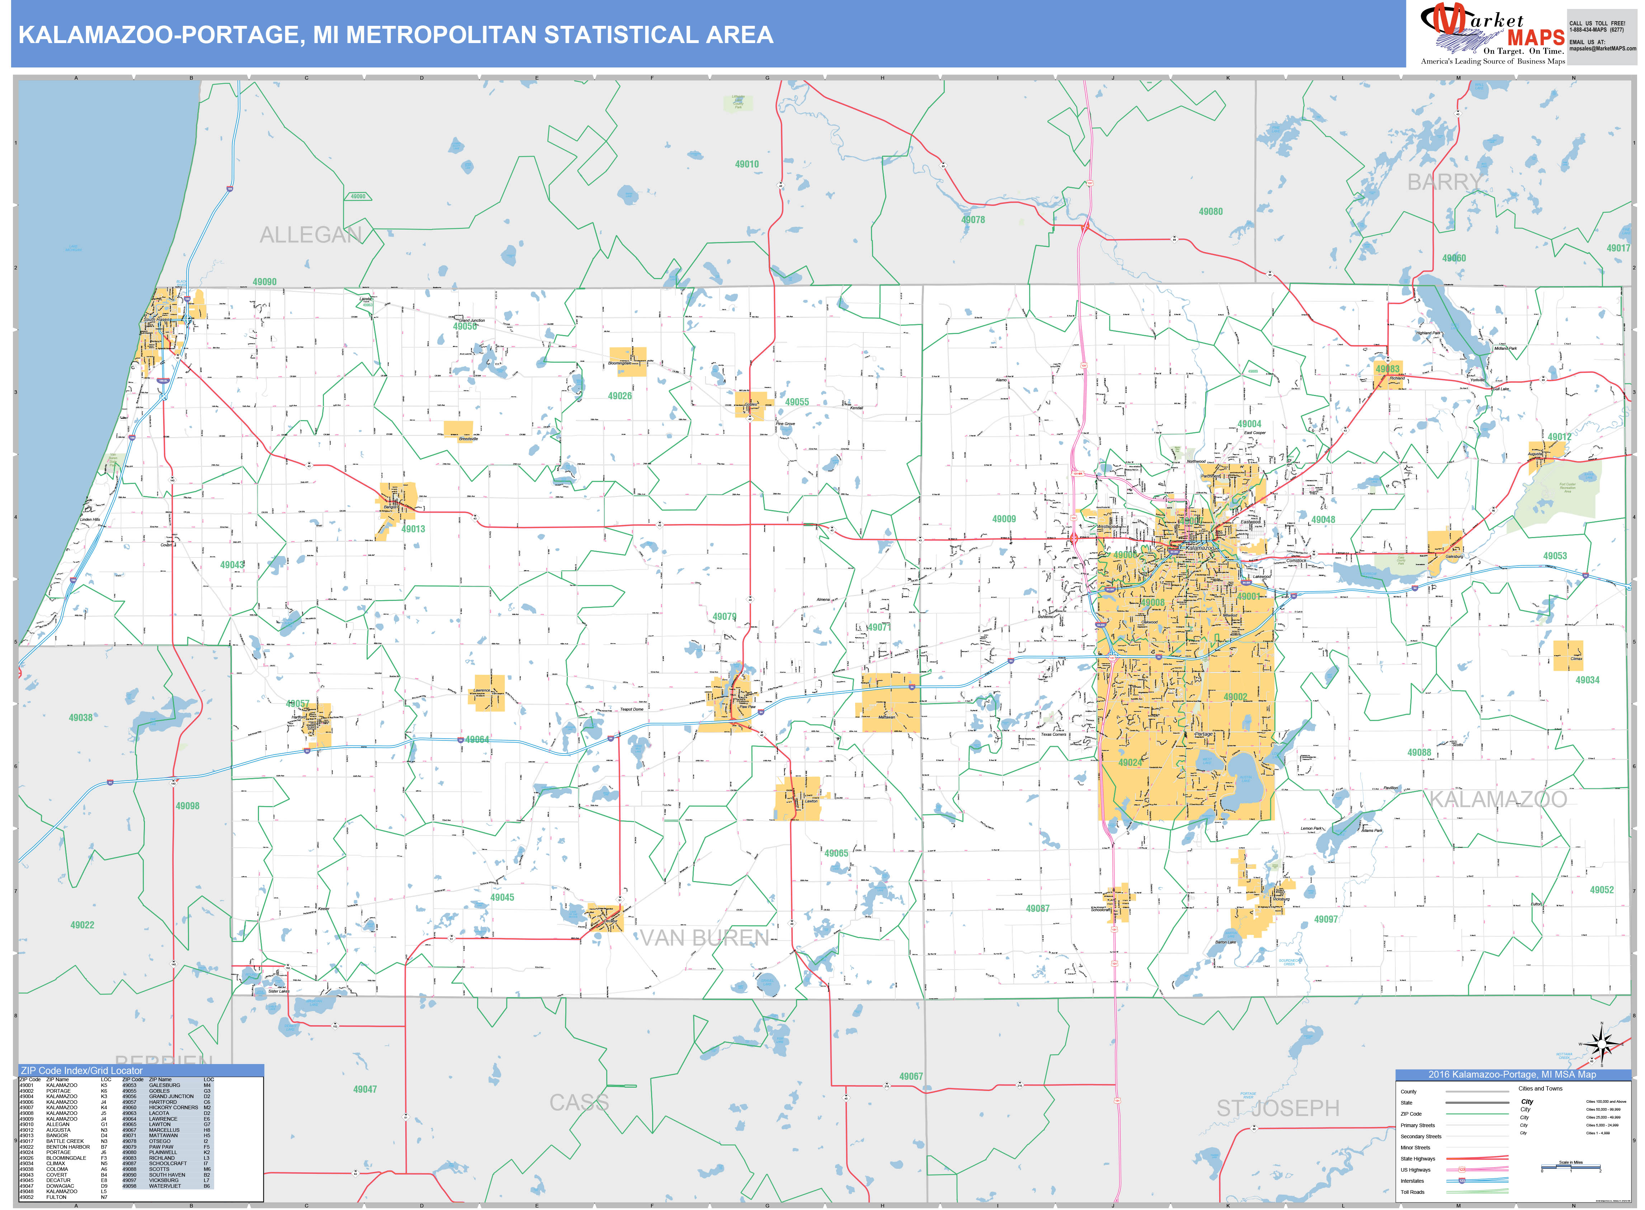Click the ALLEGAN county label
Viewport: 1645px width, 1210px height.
pyautogui.click(x=311, y=235)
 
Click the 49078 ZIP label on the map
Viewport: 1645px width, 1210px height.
pyautogui.click(x=973, y=220)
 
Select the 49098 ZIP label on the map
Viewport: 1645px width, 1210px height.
pyautogui.click(x=188, y=806)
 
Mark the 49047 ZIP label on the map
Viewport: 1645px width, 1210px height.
pyautogui.click(x=365, y=1089)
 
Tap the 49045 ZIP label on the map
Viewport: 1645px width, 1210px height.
pyautogui.click(x=503, y=897)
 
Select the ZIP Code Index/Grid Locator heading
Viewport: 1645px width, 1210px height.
pyautogui.click(x=82, y=1070)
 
